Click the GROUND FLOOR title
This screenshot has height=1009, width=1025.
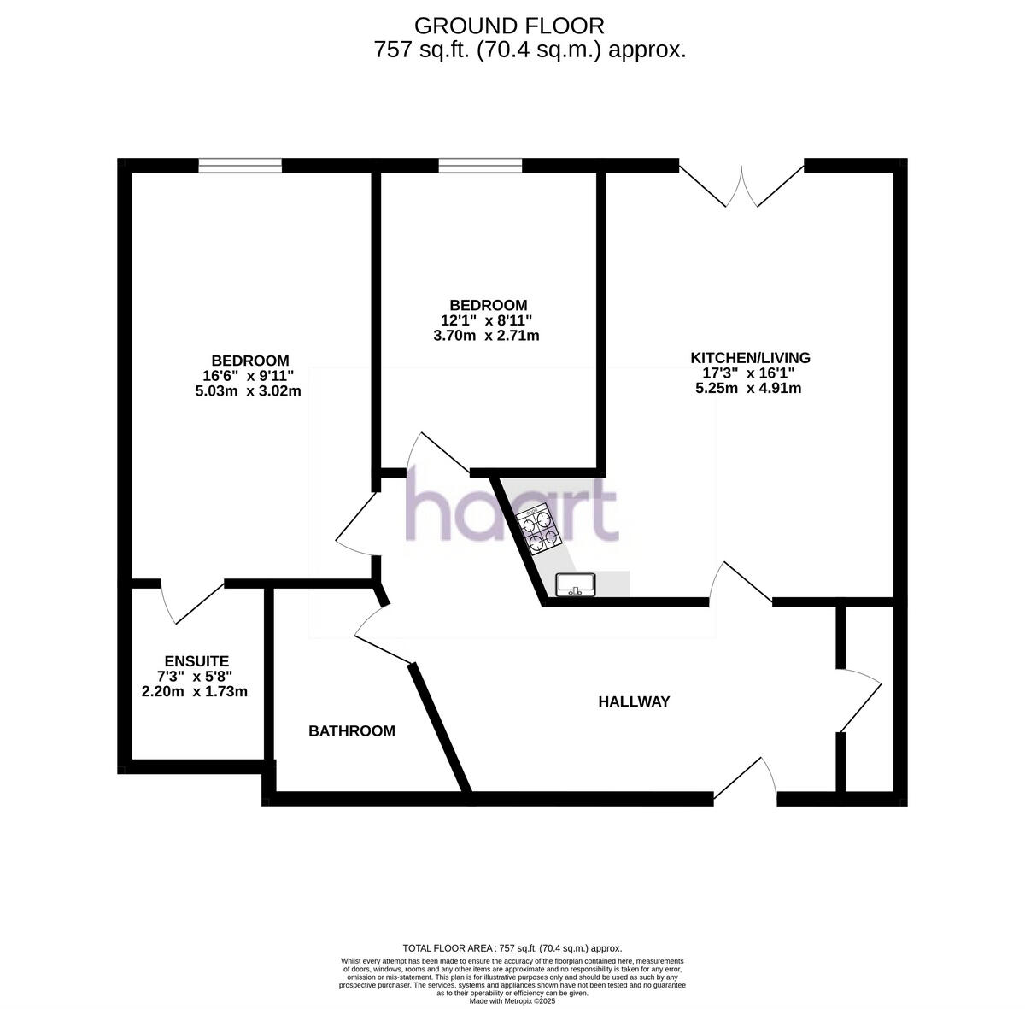[x=509, y=26]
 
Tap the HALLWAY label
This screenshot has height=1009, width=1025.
[x=634, y=701]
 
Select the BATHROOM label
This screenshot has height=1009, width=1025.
[x=352, y=730]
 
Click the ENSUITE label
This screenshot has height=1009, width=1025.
[x=196, y=661]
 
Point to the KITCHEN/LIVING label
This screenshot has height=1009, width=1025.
[x=750, y=358]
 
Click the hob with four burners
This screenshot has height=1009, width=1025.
[x=537, y=531]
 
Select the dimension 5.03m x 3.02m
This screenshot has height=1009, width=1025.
[x=249, y=390]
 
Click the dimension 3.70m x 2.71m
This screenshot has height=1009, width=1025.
[x=486, y=336]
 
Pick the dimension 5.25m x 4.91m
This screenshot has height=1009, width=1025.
[x=748, y=388]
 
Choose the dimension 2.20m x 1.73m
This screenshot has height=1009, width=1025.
[x=195, y=691]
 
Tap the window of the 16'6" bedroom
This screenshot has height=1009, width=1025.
[x=240, y=166]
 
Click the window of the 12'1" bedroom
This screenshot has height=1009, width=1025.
[x=480, y=166]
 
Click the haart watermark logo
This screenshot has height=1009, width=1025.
[x=511, y=510]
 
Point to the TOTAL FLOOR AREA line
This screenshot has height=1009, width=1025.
[x=512, y=948]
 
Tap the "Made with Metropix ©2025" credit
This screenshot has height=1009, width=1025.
[x=512, y=1001]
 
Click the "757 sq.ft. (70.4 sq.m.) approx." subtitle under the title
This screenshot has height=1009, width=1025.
[x=530, y=50]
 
